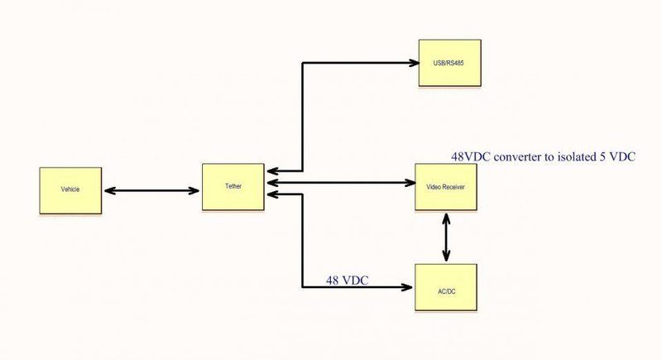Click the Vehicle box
pyautogui.click(x=70, y=190)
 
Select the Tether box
pyautogui.click(x=233, y=187)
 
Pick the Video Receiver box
pyautogui.click(x=445, y=187)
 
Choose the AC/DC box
pyautogui.click(x=445, y=287)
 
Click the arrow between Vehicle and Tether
pyautogui.click(x=152, y=190)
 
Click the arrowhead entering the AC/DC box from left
pyautogui.click(x=406, y=287)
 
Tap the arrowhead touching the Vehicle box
pyautogui.click(x=107, y=190)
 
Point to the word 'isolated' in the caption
pyautogui.click(x=583, y=156)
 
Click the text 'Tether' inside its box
pyautogui.click(x=233, y=187)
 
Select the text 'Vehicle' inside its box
pyautogui.click(x=70, y=190)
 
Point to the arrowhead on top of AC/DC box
pyautogui.click(x=447, y=258)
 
